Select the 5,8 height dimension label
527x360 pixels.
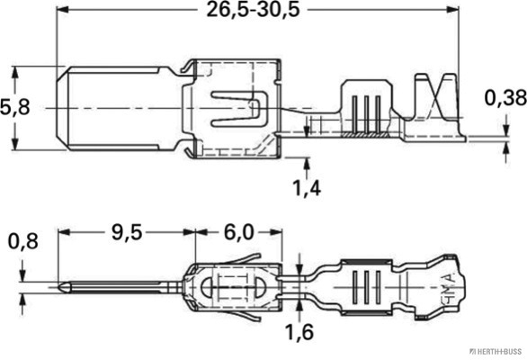point(15,106)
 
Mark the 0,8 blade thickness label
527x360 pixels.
point(22,240)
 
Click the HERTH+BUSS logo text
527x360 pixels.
point(491,351)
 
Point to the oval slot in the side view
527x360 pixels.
point(237,290)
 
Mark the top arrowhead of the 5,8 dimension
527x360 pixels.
point(15,68)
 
